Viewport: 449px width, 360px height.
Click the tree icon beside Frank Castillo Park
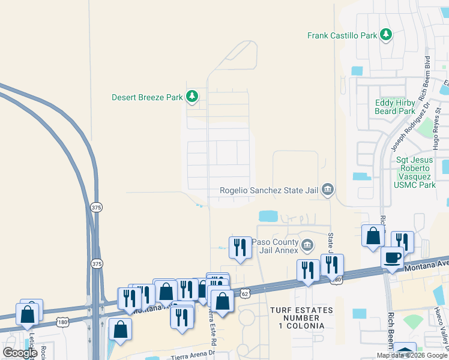[386, 35]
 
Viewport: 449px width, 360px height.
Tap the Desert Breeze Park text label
[148, 97]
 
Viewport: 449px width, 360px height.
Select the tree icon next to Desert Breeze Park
[192, 97]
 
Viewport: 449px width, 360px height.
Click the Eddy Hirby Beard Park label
[395, 107]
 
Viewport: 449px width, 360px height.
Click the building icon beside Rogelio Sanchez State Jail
[327, 190]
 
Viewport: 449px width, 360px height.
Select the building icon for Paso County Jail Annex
[307, 245]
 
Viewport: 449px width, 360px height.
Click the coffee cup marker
[392, 257]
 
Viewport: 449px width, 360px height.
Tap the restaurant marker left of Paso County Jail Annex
[240, 247]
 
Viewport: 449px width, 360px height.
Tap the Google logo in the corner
[20, 353]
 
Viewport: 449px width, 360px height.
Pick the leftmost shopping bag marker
[28, 313]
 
